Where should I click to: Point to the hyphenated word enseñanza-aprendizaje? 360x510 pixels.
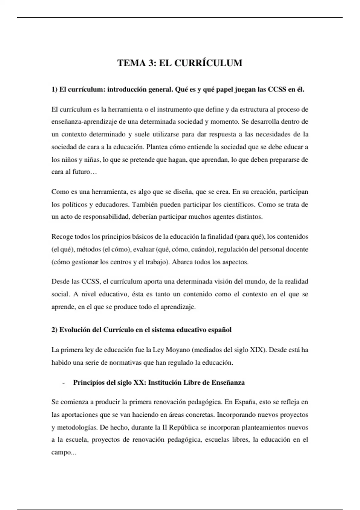point(84,122)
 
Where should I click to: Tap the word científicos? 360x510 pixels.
point(238,205)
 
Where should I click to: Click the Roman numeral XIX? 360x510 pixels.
point(256,350)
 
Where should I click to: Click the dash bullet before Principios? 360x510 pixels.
point(64,383)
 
